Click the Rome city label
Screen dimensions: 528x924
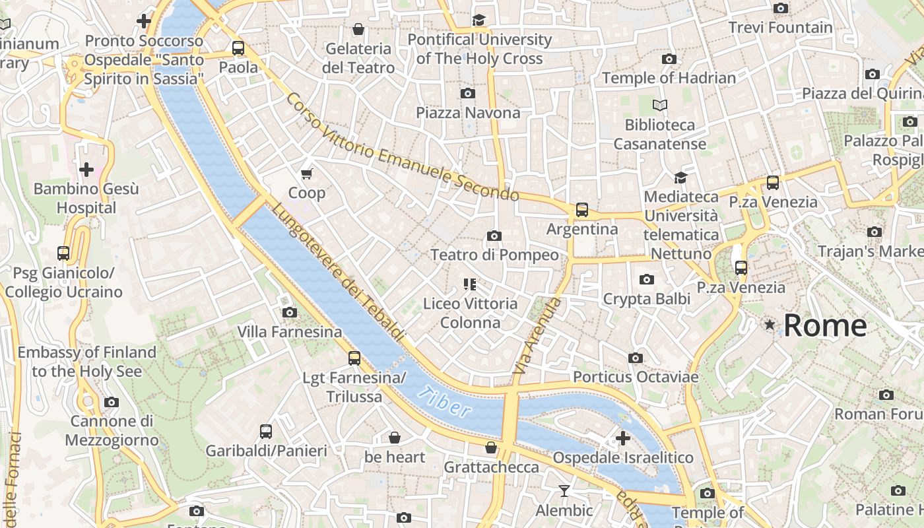(x=825, y=325)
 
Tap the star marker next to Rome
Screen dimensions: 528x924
(x=770, y=324)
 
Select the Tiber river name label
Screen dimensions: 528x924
(x=445, y=401)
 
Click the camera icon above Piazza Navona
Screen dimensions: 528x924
(x=468, y=93)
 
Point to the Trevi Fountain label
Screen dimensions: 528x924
(x=780, y=28)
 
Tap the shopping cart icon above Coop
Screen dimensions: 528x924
(x=306, y=174)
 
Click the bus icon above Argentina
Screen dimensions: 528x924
(x=581, y=210)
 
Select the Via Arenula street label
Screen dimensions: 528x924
(x=537, y=337)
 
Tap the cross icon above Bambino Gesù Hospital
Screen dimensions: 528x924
(x=86, y=170)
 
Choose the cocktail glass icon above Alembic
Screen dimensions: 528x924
(x=564, y=490)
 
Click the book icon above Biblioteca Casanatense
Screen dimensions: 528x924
(x=659, y=105)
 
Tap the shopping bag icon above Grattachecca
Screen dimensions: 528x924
(x=490, y=447)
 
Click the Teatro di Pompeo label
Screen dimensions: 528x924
(x=494, y=255)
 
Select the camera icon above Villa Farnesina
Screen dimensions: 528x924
(x=289, y=312)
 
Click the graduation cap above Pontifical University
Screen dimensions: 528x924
(x=478, y=20)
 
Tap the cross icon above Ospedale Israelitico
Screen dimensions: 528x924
(x=622, y=438)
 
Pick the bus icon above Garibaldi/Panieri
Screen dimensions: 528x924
(x=266, y=432)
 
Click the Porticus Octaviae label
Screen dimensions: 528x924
(x=635, y=377)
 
